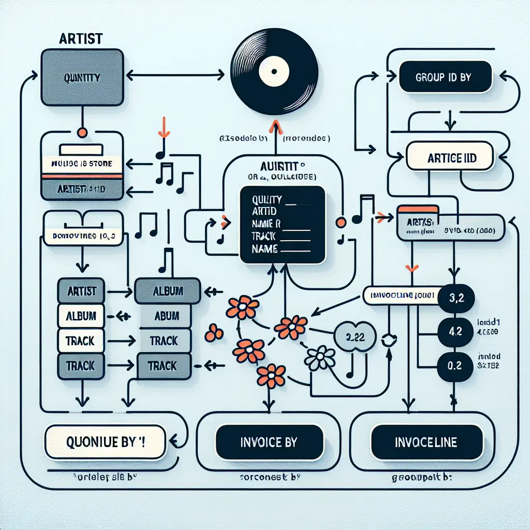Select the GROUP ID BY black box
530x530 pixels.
click(x=444, y=78)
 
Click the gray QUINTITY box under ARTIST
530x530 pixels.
click(x=83, y=78)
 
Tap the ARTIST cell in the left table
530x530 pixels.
click(x=82, y=291)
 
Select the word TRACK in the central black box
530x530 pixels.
click(x=264, y=235)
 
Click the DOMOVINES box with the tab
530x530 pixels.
click(x=83, y=235)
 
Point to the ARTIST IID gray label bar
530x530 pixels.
click(x=82, y=190)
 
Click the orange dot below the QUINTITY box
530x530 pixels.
click(x=81, y=132)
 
